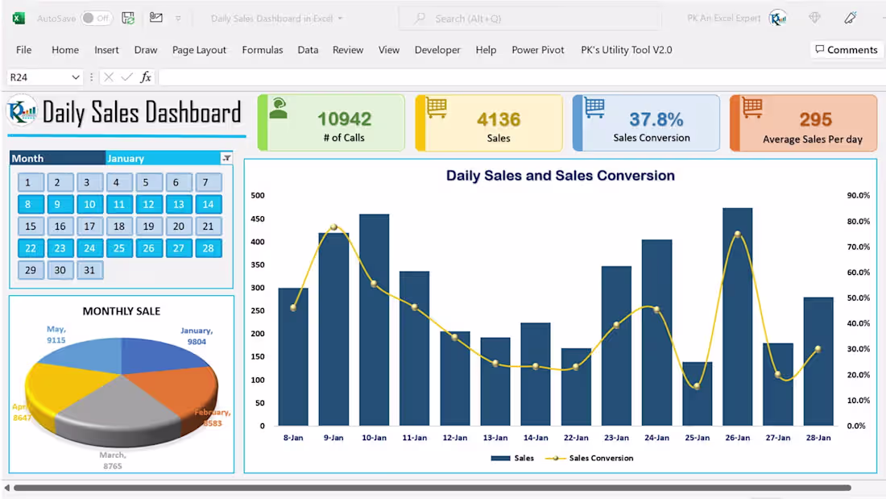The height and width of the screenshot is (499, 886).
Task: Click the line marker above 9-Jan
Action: click(x=333, y=227)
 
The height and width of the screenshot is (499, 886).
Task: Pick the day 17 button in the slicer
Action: click(x=89, y=227)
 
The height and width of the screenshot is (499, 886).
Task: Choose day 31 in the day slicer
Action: click(x=89, y=270)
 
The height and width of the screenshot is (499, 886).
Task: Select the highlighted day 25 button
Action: click(x=119, y=248)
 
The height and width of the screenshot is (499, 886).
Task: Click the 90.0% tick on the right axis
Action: click(x=858, y=195)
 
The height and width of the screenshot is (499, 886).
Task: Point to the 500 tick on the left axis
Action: click(x=258, y=195)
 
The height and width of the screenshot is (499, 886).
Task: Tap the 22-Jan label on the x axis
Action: click(x=575, y=438)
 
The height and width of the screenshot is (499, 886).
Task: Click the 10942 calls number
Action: click(x=344, y=119)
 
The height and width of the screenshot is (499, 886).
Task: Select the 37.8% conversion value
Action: click(x=656, y=119)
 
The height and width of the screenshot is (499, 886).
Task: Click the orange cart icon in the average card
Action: click(x=752, y=107)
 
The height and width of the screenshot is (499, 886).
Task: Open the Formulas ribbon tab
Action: click(x=263, y=50)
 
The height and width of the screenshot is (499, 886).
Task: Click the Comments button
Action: click(x=845, y=50)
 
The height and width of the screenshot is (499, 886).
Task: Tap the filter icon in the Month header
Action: click(x=226, y=158)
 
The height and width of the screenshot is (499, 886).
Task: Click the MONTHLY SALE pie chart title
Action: click(x=122, y=311)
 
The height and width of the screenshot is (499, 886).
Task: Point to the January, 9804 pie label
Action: click(x=196, y=335)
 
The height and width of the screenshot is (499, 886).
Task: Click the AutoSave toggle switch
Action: click(x=97, y=18)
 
